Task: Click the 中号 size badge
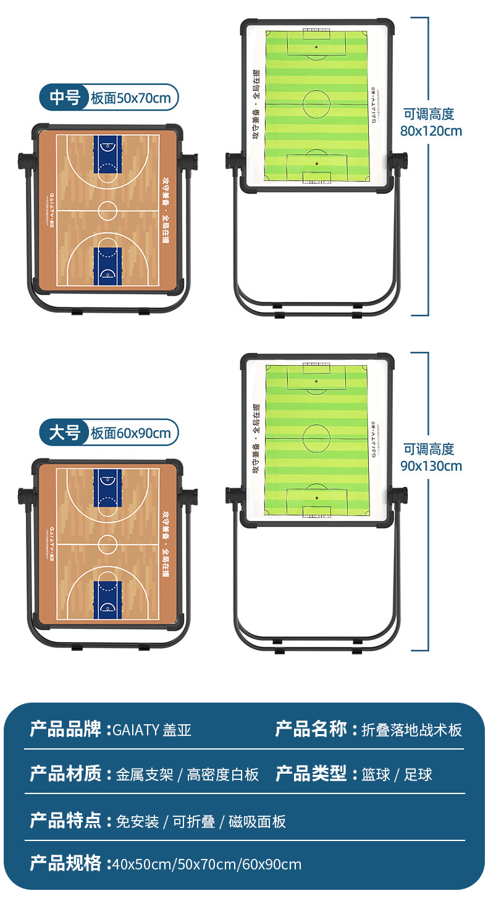click(x=64, y=98)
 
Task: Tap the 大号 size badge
click(x=64, y=433)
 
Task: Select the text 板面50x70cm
click(x=130, y=98)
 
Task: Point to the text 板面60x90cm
click(x=130, y=433)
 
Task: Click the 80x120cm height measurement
click(x=431, y=130)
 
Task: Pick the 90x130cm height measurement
click(x=431, y=465)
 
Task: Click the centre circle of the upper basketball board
click(x=107, y=210)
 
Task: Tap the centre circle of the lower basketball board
click(x=107, y=544)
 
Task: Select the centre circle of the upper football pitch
click(x=316, y=104)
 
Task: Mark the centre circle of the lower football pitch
click(x=316, y=438)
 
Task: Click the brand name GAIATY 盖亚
click(x=152, y=730)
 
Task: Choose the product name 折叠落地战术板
click(x=411, y=730)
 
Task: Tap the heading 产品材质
click(x=65, y=774)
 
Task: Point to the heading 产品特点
click(x=65, y=821)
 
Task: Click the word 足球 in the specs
click(x=418, y=774)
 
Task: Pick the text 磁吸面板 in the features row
click(x=257, y=821)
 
